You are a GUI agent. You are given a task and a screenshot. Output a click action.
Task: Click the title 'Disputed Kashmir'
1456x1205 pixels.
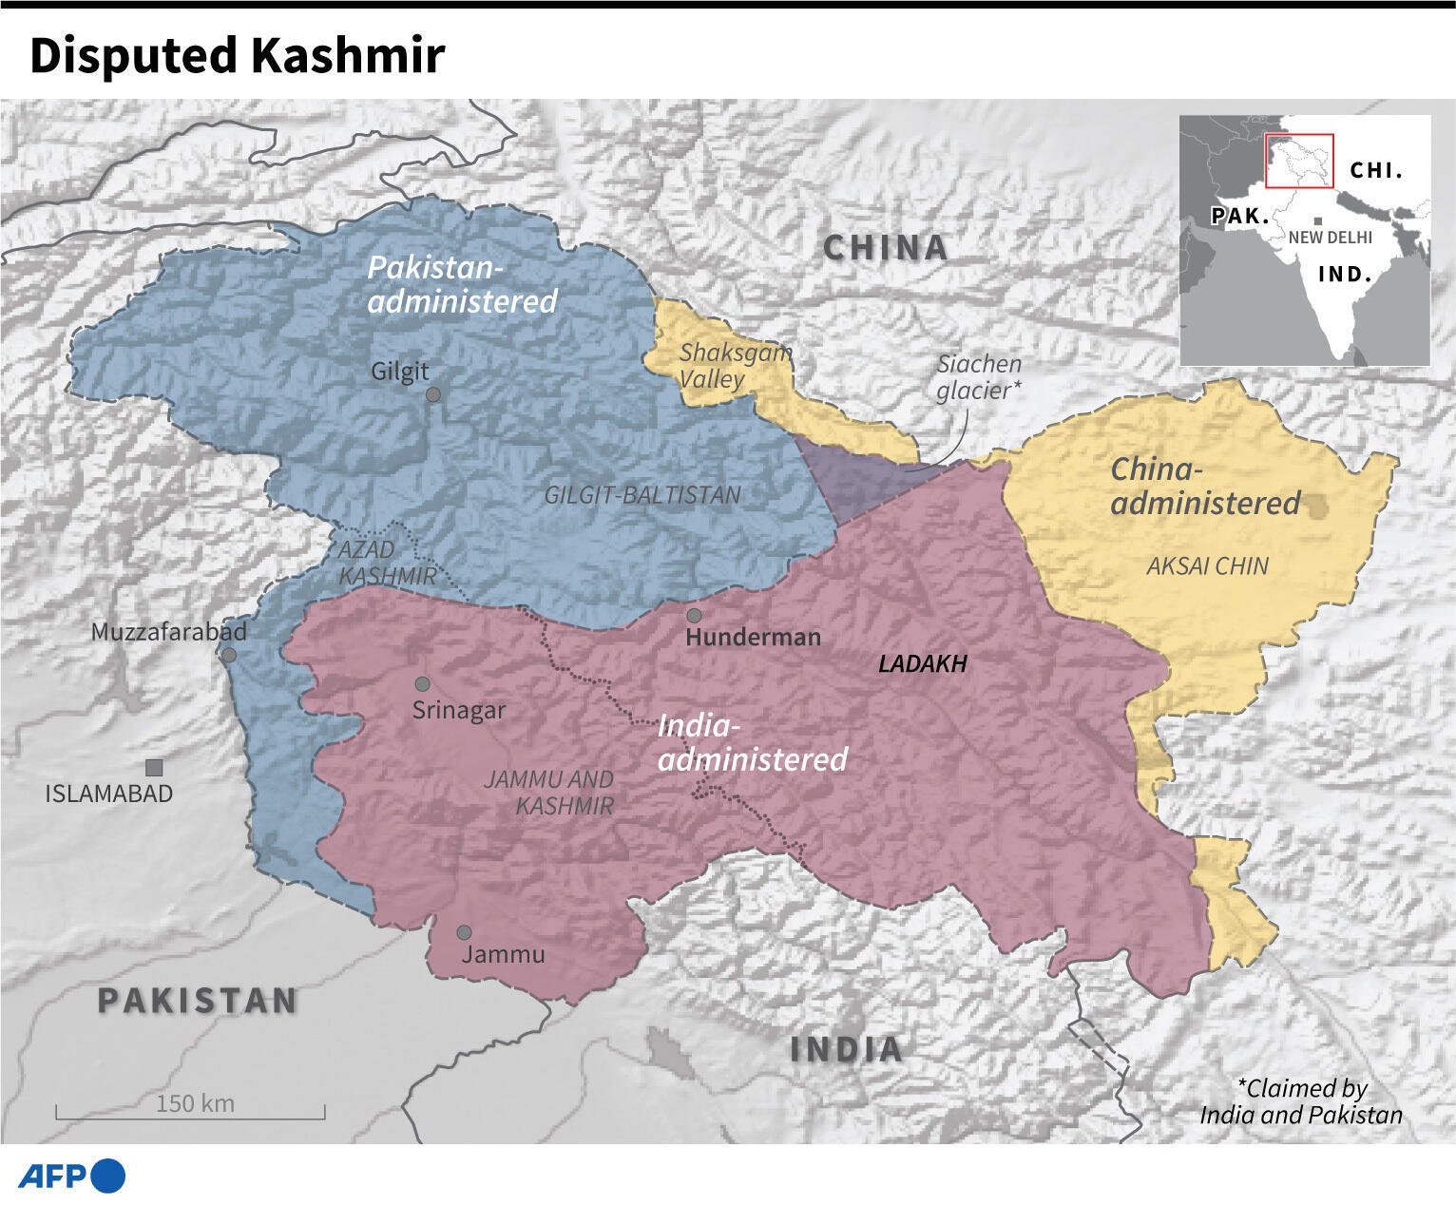(237, 55)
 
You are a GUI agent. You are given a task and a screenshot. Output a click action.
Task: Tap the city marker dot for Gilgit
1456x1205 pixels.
(433, 394)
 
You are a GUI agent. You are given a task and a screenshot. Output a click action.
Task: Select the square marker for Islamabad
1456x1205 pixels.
(154, 768)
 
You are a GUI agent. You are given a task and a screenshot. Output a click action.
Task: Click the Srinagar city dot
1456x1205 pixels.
(423, 684)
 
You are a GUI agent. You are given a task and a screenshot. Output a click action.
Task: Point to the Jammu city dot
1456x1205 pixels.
(464, 933)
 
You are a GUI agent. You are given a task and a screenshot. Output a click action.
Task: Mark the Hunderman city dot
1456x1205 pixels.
(695, 616)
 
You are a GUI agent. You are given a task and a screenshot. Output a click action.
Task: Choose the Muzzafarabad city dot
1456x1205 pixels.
(229, 656)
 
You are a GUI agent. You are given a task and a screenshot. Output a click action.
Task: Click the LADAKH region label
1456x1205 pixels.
(922, 664)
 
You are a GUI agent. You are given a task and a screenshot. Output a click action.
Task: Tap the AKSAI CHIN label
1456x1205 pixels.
(1207, 566)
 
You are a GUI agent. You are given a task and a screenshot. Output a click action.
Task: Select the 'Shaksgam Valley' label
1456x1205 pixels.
(734, 366)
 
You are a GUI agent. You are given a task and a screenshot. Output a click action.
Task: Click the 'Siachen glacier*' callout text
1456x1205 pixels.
(979, 377)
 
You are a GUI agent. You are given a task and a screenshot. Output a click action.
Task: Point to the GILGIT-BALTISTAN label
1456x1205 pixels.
(642, 495)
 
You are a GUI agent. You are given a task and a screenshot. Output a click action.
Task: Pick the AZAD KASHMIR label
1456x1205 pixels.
(387, 563)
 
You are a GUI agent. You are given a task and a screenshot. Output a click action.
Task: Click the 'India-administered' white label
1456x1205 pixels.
(751, 743)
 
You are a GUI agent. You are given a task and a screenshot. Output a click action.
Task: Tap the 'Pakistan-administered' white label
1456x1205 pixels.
(462, 284)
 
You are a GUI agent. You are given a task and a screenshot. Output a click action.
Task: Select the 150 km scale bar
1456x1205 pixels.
(191, 1110)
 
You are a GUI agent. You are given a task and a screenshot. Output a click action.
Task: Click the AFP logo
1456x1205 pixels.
(72, 1176)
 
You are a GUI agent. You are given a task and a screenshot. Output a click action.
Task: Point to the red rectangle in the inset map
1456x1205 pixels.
(1298, 161)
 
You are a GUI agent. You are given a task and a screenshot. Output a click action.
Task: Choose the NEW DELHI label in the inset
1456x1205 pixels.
(1330, 238)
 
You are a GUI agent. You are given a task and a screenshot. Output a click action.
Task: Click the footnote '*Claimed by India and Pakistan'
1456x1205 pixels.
(1300, 1101)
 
